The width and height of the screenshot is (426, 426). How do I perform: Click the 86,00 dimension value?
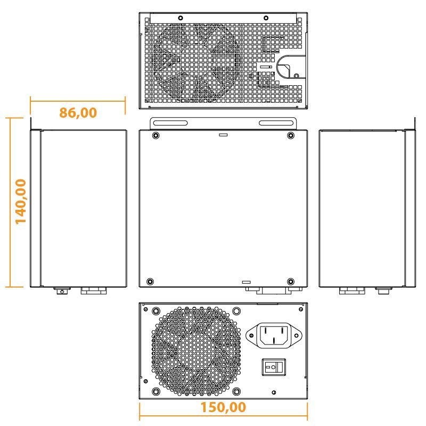(78, 112)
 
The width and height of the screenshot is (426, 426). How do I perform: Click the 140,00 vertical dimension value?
(21, 201)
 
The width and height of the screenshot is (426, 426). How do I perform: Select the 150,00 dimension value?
(224, 407)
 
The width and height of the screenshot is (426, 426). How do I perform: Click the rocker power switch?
(273, 367)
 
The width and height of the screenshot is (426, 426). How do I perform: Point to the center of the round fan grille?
(194, 351)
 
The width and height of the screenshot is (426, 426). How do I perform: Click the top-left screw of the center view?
(155, 136)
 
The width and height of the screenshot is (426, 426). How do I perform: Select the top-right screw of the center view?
(290, 136)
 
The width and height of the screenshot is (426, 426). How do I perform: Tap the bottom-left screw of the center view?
(150, 281)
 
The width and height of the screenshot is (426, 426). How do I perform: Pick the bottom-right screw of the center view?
(290, 281)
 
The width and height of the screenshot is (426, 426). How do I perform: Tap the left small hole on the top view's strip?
(181, 18)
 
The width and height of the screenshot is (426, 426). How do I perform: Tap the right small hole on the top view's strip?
(266, 18)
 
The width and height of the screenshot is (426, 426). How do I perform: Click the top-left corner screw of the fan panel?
(155, 310)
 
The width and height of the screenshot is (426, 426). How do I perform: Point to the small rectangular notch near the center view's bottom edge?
(246, 281)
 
